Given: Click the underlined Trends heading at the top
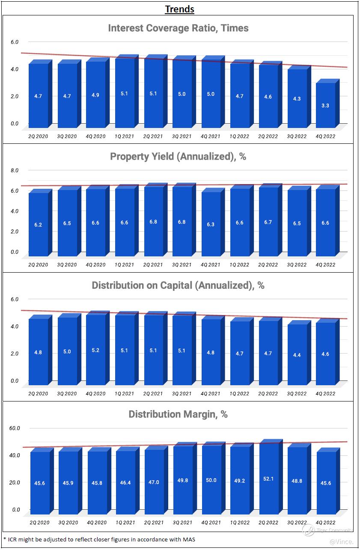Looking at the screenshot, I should click(180, 9).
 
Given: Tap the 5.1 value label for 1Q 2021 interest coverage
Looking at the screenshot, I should click(124, 93).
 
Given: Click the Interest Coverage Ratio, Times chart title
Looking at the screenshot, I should click(178, 28).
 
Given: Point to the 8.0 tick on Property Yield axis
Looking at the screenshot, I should click(15, 170).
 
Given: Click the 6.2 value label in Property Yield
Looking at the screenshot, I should click(38, 225).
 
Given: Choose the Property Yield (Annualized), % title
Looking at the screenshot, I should click(178, 157).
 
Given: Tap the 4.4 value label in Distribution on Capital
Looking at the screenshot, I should click(297, 355).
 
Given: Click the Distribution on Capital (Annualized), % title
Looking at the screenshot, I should click(178, 285).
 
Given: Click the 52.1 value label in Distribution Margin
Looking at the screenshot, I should click(268, 479).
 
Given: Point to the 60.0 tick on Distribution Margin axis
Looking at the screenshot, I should click(15, 428).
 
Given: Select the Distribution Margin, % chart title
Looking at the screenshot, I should click(178, 414).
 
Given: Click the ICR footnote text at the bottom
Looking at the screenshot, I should click(99, 539).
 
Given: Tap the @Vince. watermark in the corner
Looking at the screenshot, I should click(342, 542).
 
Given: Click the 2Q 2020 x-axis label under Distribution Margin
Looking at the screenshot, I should click(39, 523).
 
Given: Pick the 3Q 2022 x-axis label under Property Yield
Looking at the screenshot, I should click(297, 265).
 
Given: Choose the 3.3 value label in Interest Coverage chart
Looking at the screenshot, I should click(325, 105).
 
